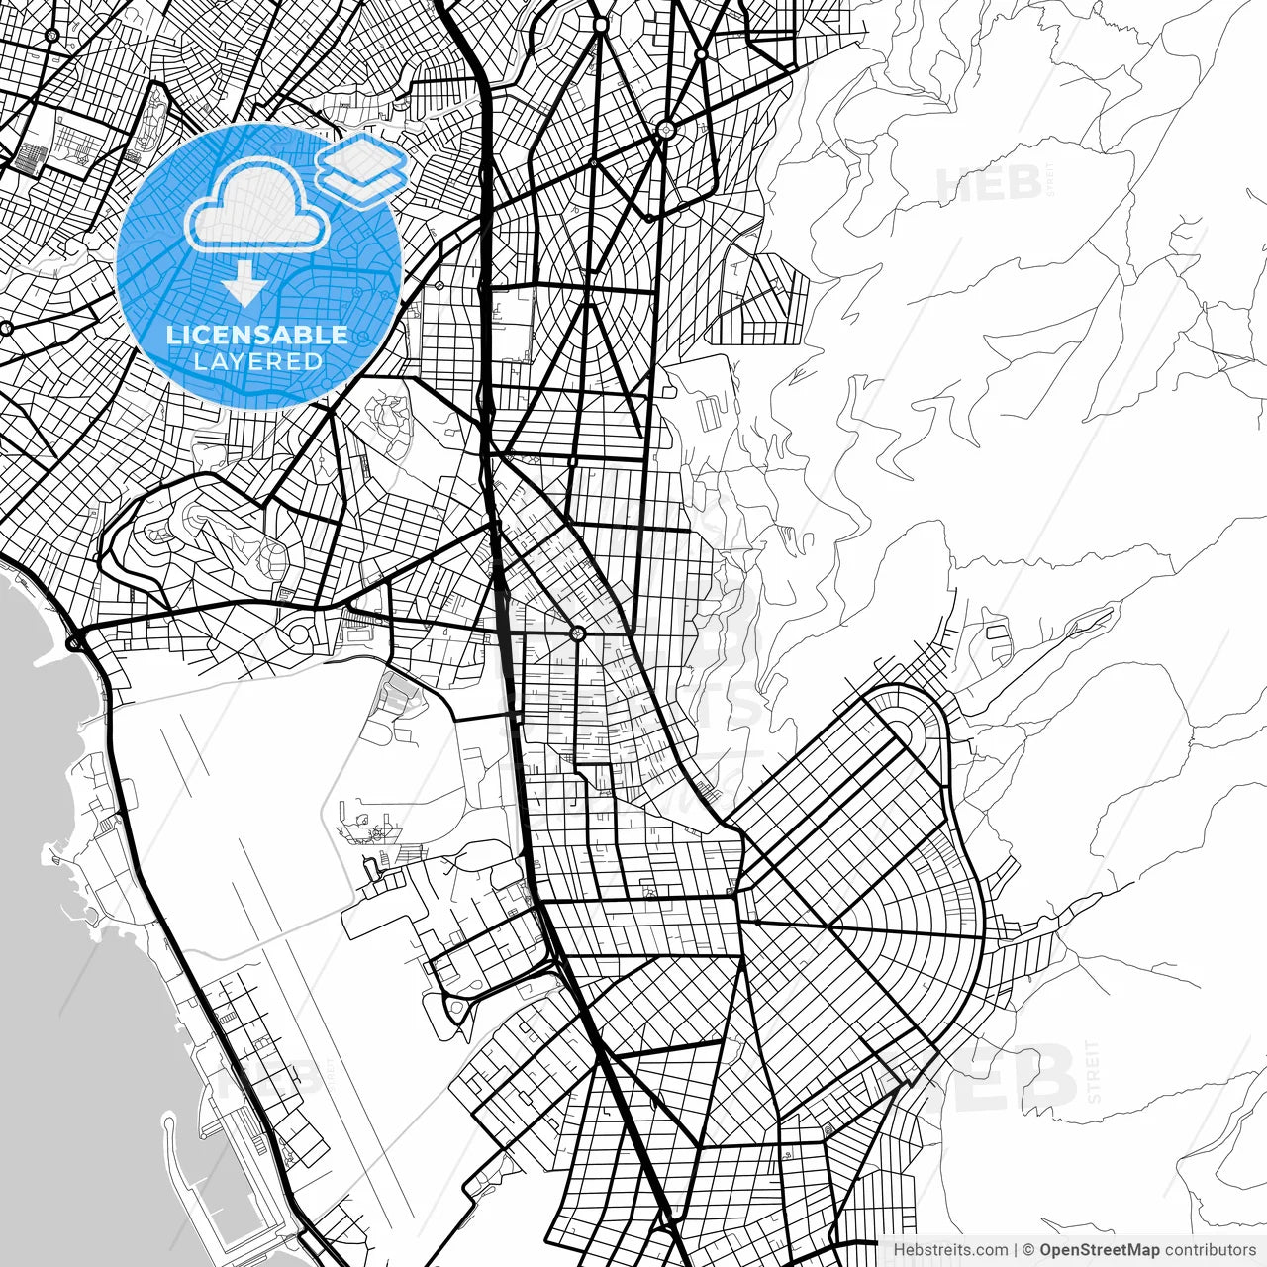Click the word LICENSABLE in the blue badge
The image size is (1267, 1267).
(x=257, y=335)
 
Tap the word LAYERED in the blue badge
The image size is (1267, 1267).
(x=257, y=361)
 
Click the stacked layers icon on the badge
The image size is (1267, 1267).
(x=361, y=168)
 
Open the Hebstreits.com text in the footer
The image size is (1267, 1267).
(x=950, y=1250)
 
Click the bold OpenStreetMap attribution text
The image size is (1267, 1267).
(x=1099, y=1250)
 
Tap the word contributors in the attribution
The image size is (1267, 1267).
(x=1210, y=1250)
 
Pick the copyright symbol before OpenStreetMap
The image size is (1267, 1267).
(x=1028, y=1250)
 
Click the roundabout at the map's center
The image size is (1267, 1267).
(x=578, y=633)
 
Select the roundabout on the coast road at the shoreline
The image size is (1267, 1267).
(x=75, y=643)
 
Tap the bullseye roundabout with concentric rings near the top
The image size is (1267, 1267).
(x=666, y=128)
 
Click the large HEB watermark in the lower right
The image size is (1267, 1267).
(x=990, y=1077)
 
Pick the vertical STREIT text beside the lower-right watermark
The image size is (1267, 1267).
(x=1093, y=1071)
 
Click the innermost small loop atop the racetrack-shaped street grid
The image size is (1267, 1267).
(x=903, y=730)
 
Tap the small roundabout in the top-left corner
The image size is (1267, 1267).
(x=51, y=36)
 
